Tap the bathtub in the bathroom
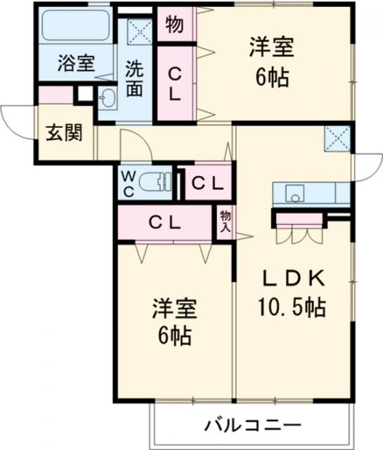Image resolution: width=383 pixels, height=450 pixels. (x=75, y=27)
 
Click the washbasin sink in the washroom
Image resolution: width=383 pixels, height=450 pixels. (x=108, y=98)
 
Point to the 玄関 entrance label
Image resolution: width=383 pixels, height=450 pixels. (x=64, y=133)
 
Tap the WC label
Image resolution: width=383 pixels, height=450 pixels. (x=129, y=182)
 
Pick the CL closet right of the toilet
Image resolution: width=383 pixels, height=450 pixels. (x=208, y=184)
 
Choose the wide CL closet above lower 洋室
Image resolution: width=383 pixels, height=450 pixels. (x=165, y=221)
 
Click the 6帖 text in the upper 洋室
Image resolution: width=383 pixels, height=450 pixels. (x=271, y=78)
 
